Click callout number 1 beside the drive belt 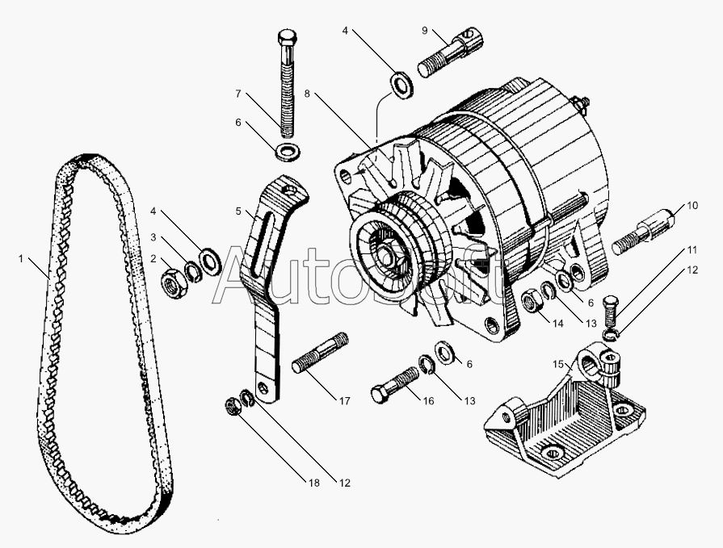[21, 259]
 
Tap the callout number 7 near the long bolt [238, 94]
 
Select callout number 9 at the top [425, 31]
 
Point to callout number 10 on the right [691, 207]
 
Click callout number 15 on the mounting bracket [558, 364]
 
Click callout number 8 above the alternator [307, 94]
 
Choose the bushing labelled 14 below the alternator [533, 303]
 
